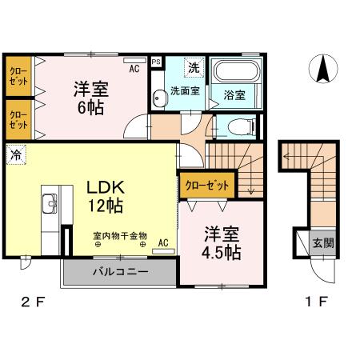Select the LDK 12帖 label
[104, 196]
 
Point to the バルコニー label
[120, 271]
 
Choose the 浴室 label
[234, 94]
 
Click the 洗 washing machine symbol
[194, 66]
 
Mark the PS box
[155, 61]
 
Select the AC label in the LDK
[162, 242]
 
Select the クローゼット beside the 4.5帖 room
[207, 186]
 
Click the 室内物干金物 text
[120, 235]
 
